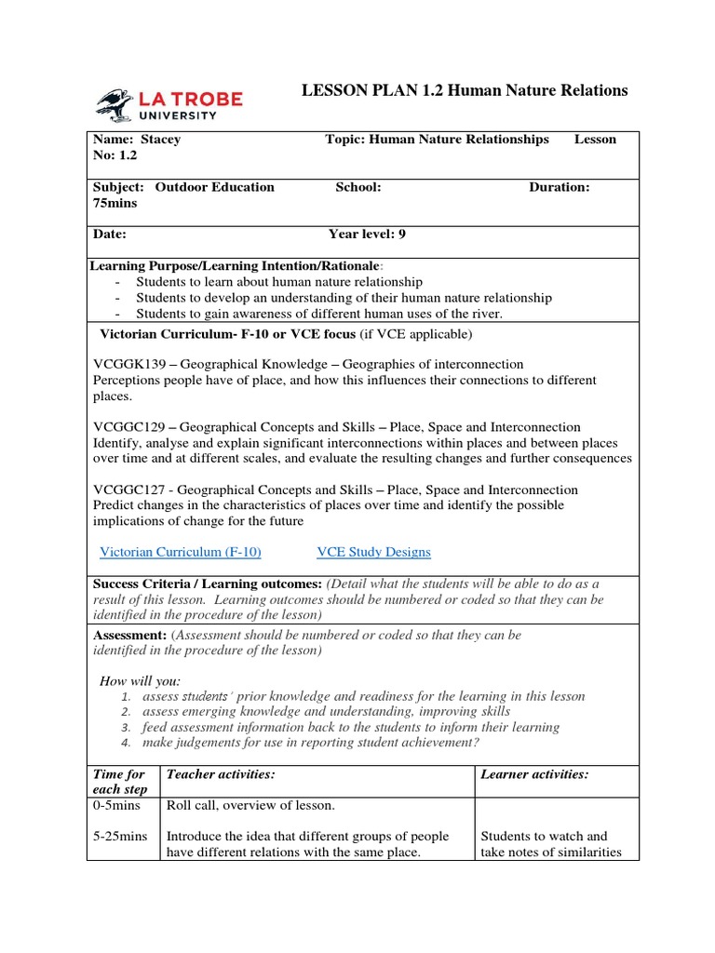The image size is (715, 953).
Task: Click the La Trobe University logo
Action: (x=169, y=104)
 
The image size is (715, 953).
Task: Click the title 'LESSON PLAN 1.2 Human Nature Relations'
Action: (x=465, y=90)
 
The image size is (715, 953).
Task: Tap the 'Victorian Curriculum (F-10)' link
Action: (x=180, y=552)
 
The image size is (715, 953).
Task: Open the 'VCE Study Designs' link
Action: (x=373, y=552)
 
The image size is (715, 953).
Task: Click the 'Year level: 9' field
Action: (x=367, y=235)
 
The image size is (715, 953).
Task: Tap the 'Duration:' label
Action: (x=559, y=187)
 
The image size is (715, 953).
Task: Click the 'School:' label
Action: (x=358, y=187)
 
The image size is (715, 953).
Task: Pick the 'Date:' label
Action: (x=110, y=235)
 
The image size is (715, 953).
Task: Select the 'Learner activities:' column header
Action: (x=534, y=774)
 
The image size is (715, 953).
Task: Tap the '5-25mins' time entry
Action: (x=120, y=837)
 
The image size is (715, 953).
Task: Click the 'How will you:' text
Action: (x=141, y=681)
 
